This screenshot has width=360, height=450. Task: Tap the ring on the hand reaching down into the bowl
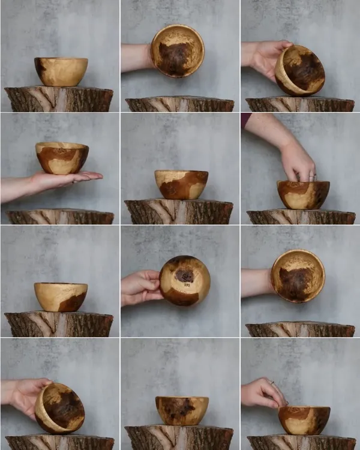[x=312, y=177]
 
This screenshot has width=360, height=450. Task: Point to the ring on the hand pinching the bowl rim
[x=272, y=383]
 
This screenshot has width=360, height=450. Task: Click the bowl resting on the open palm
[x=62, y=158]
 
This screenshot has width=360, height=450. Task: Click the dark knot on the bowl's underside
[x=184, y=275]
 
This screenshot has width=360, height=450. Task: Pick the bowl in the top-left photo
[x=61, y=71]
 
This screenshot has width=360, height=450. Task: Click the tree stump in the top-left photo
[x=59, y=99]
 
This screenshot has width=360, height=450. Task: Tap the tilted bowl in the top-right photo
[x=300, y=71]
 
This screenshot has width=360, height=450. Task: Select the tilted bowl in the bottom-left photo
[x=60, y=408]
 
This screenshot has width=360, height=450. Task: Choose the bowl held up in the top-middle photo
[x=177, y=51]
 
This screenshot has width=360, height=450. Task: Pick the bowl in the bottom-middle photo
[x=182, y=410]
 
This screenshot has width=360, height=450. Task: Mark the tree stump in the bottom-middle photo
[x=179, y=438]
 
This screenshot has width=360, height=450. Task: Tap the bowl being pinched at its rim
[x=304, y=420]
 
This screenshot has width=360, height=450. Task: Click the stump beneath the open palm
[x=60, y=217]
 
